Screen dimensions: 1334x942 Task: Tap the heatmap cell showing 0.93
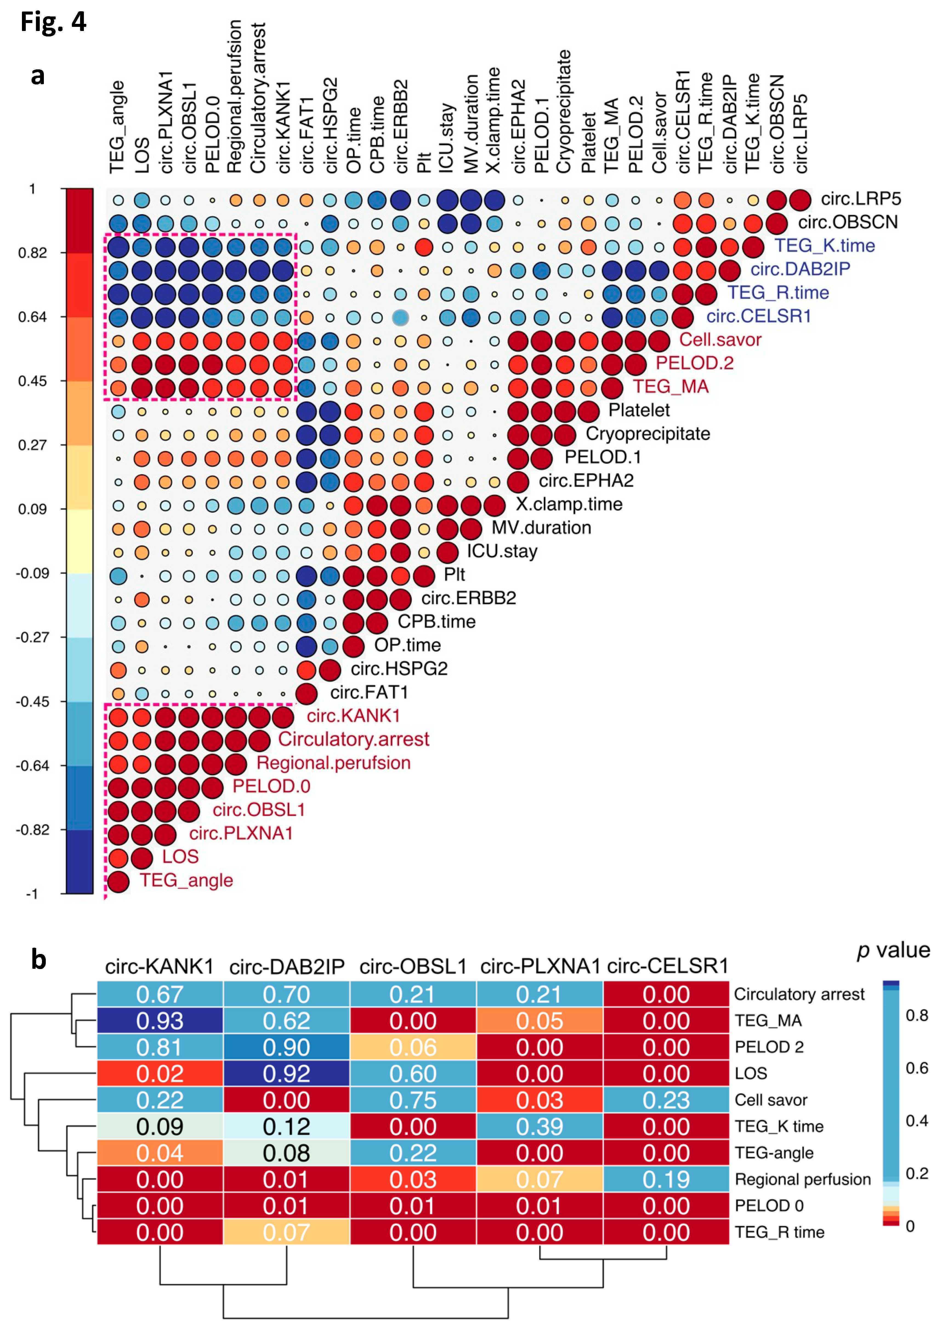click(x=160, y=1021)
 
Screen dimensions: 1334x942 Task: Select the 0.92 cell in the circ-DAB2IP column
click(x=286, y=1074)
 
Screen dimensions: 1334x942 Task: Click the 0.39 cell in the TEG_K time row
click(x=540, y=1127)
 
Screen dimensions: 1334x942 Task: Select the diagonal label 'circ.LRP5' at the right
click(x=861, y=199)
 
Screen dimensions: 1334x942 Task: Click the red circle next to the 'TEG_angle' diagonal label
click(x=118, y=881)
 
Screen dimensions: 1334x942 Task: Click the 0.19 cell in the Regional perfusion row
click(x=666, y=1179)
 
